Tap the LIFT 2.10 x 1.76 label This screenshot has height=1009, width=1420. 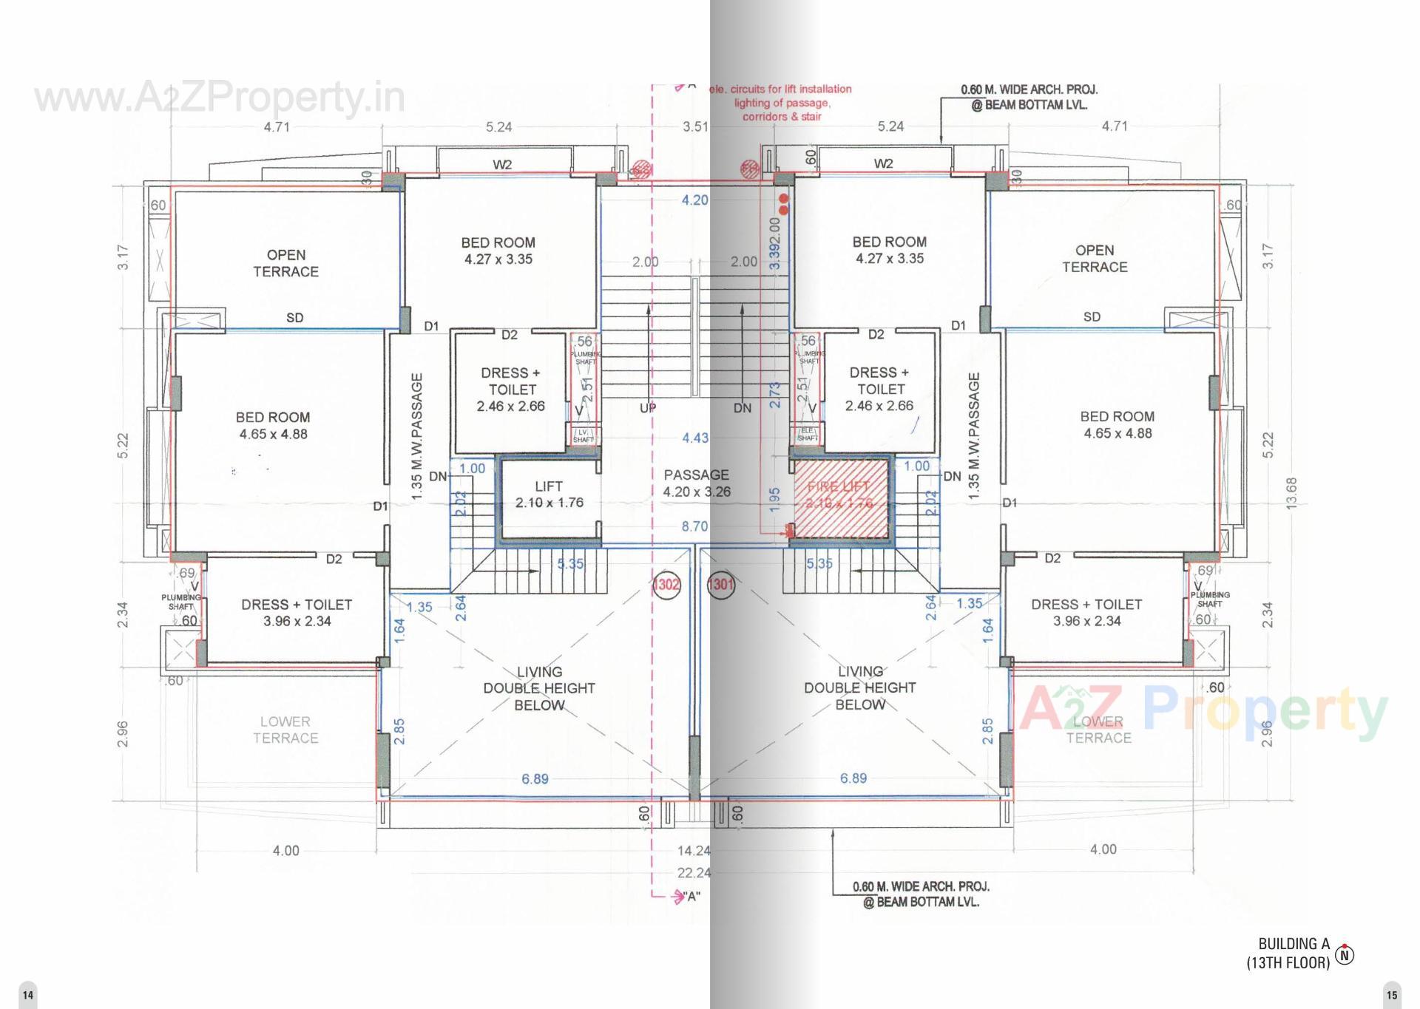point(549,495)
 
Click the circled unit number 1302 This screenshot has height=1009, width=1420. point(666,585)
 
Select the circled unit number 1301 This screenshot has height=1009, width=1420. point(721,585)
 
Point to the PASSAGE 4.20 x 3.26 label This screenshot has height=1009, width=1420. point(696,483)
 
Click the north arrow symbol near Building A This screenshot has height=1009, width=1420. point(1345,955)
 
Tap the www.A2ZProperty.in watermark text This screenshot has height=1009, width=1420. point(220,98)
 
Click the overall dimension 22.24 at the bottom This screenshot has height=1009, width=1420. point(694,873)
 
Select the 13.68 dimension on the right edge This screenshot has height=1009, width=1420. point(1291,493)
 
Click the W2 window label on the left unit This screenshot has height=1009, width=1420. point(502,165)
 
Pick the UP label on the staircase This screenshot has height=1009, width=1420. point(648,408)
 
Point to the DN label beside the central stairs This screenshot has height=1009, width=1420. point(743,408)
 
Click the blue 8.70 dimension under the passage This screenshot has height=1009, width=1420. point(694,526)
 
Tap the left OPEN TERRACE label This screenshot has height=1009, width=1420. point(286,263)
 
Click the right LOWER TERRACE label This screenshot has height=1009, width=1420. point(1098,730)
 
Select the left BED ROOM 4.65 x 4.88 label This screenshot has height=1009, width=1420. point(273,426)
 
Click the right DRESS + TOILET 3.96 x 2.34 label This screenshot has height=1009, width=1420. point(1086,613)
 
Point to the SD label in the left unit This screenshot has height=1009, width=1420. point(294,318)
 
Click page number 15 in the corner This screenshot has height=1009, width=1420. point(1392,995)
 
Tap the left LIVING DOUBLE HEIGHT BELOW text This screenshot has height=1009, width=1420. point(539,688)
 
